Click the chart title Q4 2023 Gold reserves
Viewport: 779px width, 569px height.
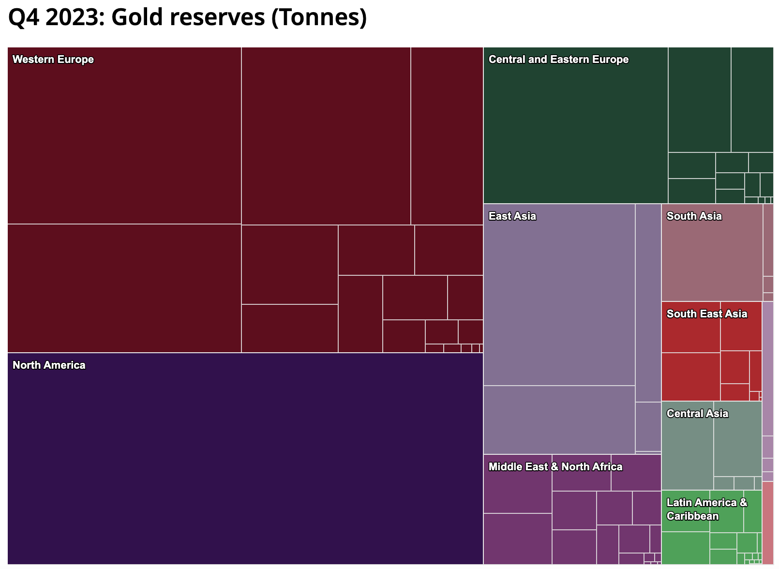[x=187, y=18]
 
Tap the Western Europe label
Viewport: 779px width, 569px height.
[x=53, y=60]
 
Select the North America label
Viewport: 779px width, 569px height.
[x=49, y=365]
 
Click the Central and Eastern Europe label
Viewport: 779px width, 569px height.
[x=558, y=60]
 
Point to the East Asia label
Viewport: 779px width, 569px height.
[x=512, y=216]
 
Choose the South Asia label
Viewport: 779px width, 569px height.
[x=694, y=216]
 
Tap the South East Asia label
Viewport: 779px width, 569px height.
[x=706, y=314]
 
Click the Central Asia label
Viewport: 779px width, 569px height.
[x=697, y=414]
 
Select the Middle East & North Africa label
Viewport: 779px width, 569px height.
[x=555, y=467]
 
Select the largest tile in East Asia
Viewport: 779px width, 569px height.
[x=559, y=300]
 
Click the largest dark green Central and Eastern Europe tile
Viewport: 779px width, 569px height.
[x=576, y=131]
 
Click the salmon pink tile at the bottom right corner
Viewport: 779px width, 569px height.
[x=767, y=523]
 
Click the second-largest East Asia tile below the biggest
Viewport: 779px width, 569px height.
[x=559, y=419]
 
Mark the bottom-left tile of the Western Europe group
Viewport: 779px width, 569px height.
[x=124, y=288]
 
